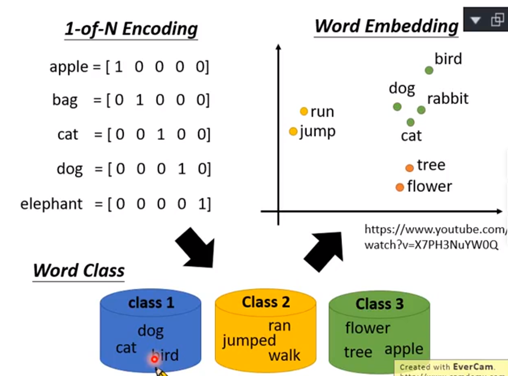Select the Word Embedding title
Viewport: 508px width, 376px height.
[386, 26]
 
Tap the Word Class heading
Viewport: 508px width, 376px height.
[79, 270]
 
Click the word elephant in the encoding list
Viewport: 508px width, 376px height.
[51, 204]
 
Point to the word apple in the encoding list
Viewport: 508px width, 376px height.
[68, 67]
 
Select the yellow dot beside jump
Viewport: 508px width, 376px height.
[293, 132]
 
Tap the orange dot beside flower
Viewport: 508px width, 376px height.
[400, 187]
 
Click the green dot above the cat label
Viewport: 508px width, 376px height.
[411, 123]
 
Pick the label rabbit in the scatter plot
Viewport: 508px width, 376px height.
[448, 99]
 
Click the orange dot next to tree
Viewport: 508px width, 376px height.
[409, 168]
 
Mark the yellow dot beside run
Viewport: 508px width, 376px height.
[304, 112]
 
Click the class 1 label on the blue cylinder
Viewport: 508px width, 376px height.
[151, 303]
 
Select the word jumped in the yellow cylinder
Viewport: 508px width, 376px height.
[249, 341]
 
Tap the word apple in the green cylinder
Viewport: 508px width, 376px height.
[404, 350]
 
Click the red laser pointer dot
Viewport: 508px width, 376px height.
[154, 359]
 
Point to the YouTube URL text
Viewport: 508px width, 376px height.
[434, 237]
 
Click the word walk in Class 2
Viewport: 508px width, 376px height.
[284, 355]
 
